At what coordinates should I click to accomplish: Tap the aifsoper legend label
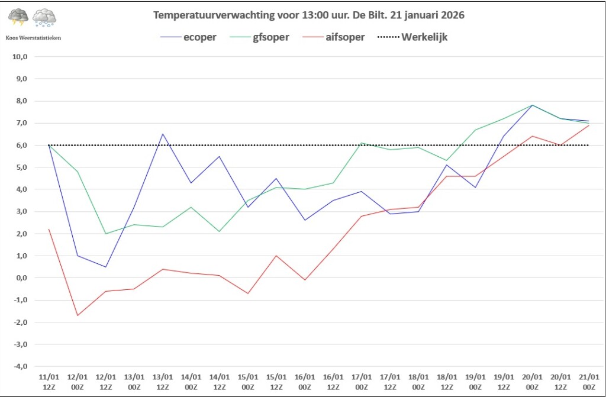(344, 37)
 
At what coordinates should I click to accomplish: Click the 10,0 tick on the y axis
(21, 57)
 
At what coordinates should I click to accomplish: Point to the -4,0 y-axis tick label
(21, 367)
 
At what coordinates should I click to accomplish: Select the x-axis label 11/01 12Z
(49, 381)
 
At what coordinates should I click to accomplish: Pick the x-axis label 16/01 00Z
(305, 381)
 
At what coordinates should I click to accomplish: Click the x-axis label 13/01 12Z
(163, 381)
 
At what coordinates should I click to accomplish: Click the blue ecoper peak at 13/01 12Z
(163, 134)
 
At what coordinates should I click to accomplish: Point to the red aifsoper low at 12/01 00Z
(78, 315)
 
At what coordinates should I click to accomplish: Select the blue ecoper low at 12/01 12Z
(106, 267)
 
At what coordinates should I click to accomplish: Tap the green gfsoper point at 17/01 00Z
(362, 143)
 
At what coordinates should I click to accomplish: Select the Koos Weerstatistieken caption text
(33, 37)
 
